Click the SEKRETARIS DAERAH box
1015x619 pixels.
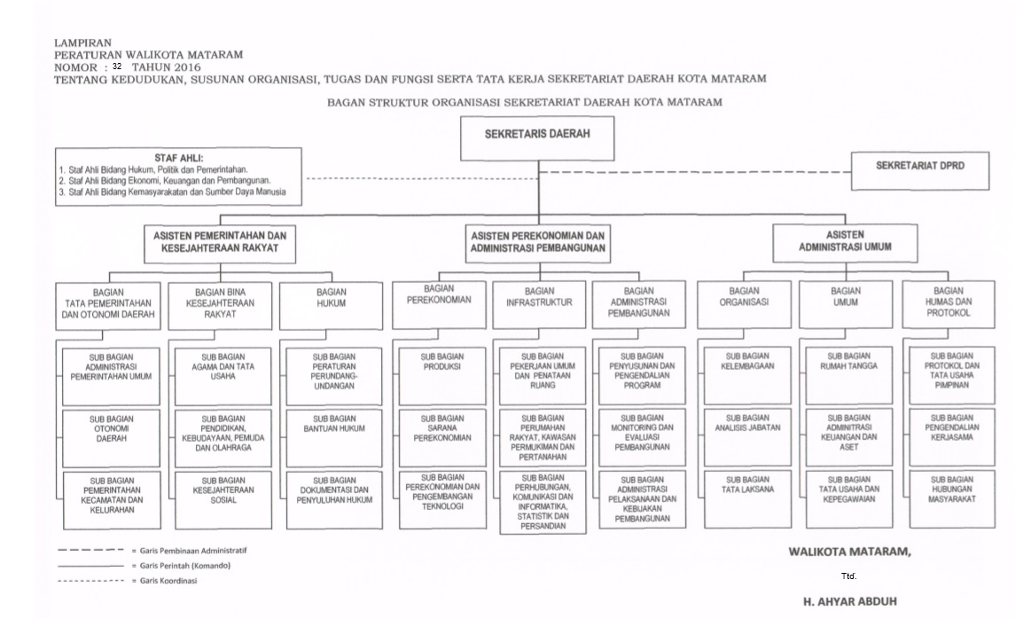tap(537, 137)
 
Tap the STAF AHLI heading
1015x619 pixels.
tap(179, 157)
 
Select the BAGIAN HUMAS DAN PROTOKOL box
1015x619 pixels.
tap(948, 302)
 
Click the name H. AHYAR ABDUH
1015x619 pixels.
tap(849, 601)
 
